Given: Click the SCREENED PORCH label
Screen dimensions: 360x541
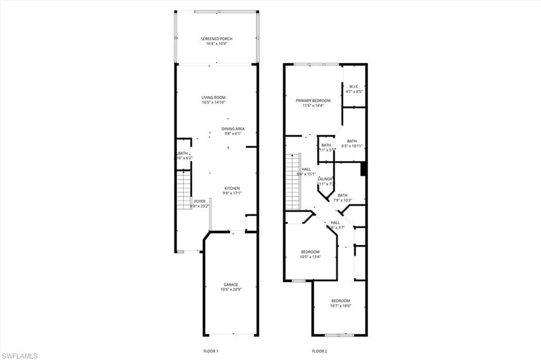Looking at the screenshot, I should click(x=217, y=39).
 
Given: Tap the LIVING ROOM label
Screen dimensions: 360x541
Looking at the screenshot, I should click(x=213, y=97).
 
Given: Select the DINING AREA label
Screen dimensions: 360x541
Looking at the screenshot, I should click(x=233, y=129).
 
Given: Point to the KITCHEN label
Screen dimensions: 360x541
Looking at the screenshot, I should click(x=232, y=188).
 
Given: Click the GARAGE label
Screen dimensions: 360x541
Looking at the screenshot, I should click(x=231, y=285).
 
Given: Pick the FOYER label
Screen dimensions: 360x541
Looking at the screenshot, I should click(x=200, y=201).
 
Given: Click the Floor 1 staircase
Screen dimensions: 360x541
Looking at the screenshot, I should click(x=184, y=190).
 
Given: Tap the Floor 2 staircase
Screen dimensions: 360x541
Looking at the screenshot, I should click(x=293, y=181).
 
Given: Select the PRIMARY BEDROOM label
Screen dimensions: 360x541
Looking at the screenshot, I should click(x=313, y=100).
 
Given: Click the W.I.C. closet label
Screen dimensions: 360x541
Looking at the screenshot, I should click(x=354, y=87).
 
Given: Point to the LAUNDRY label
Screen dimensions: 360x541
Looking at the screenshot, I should click(x=325, y=179).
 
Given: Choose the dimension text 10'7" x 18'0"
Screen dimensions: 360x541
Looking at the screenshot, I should click(x=341, y=306).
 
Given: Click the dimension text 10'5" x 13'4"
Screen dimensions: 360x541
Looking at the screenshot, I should click(x=311, y=257).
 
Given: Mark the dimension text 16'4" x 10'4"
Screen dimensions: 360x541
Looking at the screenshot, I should click(x=217, y=44).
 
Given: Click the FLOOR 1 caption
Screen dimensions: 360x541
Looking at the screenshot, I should click(x=211, y=351).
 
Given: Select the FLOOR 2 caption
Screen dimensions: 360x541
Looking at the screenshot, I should click(x=320, y=351).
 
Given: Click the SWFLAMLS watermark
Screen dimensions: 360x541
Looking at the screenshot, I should click(x=20, y=356).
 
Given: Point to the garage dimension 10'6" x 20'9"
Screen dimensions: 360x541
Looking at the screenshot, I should click(x=231, y=290).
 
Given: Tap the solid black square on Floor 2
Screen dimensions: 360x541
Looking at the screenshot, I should click(x=363, y=169).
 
